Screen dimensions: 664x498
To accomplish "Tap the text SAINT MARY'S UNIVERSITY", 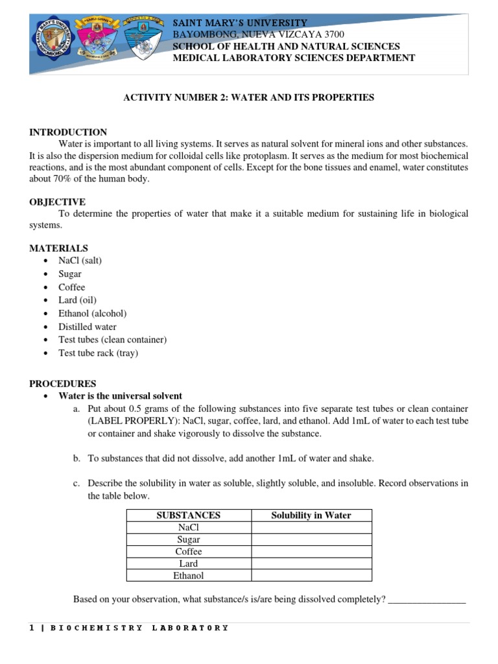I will (x=239, y=23).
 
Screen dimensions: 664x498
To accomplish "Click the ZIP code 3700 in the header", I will (x=335, y=34).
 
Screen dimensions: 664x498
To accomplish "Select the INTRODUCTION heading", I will (x=68, y=132).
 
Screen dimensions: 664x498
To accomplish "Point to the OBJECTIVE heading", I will (x=57, y=202).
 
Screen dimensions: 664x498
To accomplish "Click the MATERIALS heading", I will (x=58, y=248).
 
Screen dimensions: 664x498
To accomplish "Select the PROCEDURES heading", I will (x=62, y=384).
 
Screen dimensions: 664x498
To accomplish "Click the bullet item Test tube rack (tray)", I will (x=98, y=353).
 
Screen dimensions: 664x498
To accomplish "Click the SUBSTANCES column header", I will (x=189, y=516).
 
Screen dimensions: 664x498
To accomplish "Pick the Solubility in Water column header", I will (x=311, y=516).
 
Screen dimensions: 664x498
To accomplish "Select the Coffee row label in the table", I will (x=189, y=552).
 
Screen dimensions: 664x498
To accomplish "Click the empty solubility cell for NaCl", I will (x=311, y=528).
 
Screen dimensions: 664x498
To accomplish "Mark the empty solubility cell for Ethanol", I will (x=311, y=576).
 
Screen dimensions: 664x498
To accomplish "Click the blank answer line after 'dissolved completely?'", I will (x=426, y=600).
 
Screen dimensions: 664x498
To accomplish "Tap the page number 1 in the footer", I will (x=32, y=628).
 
